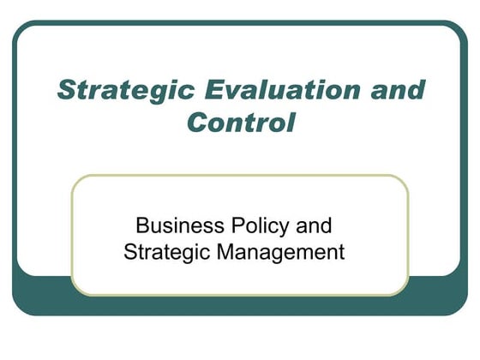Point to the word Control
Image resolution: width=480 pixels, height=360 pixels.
[x=240, y=121]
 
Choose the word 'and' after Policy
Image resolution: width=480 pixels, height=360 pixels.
[x=311, y=227]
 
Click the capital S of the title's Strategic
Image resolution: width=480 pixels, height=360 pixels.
[x=65, y=90]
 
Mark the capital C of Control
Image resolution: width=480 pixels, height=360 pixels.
[x=197, y=121]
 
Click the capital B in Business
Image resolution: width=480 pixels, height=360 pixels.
[x=142, y=227]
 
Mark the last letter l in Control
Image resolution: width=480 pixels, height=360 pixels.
[x=291, y=121]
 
